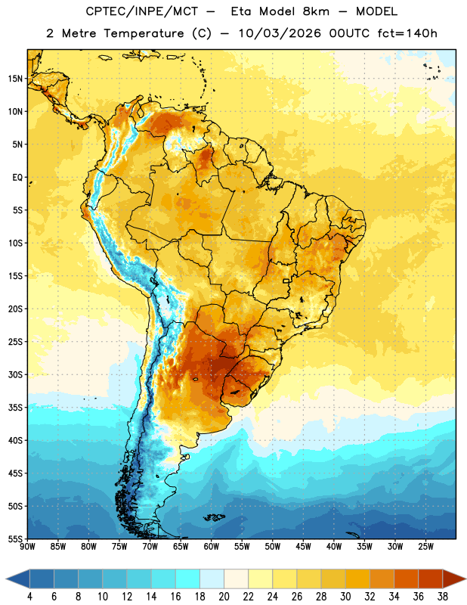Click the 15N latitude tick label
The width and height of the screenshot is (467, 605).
tap(15, 79)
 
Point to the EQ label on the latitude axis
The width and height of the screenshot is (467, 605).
tap(17, 178)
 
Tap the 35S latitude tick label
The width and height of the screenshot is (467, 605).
tap(15, 408)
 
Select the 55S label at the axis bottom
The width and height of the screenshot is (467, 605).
tap(15, 539)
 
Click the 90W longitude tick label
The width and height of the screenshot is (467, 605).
tap(27, 547)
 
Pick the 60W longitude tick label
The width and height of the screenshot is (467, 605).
tap(212, 547)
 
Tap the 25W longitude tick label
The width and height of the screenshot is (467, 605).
tap(425, 547)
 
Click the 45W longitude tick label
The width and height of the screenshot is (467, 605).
tap(303, 547)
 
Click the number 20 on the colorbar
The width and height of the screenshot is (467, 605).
tap(224, 597)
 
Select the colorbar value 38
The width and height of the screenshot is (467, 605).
tap(442, 597)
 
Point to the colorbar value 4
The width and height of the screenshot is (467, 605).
tap(29, 597)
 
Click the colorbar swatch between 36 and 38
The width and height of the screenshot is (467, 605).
tap(431, 579)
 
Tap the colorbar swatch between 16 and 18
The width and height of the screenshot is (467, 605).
tap(188, 579)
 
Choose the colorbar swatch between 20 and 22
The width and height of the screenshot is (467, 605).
tap(237, 579)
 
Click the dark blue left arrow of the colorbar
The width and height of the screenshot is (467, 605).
tap(18, 579)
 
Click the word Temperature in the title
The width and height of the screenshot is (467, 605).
tap(144, 33)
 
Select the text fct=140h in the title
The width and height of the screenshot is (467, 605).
tap(407, 33)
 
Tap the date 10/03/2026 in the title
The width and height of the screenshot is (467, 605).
tap(280, 33)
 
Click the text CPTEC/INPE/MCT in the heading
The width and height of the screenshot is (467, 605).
tap(141, 11)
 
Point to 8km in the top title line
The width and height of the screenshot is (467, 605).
tap(316, 11)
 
